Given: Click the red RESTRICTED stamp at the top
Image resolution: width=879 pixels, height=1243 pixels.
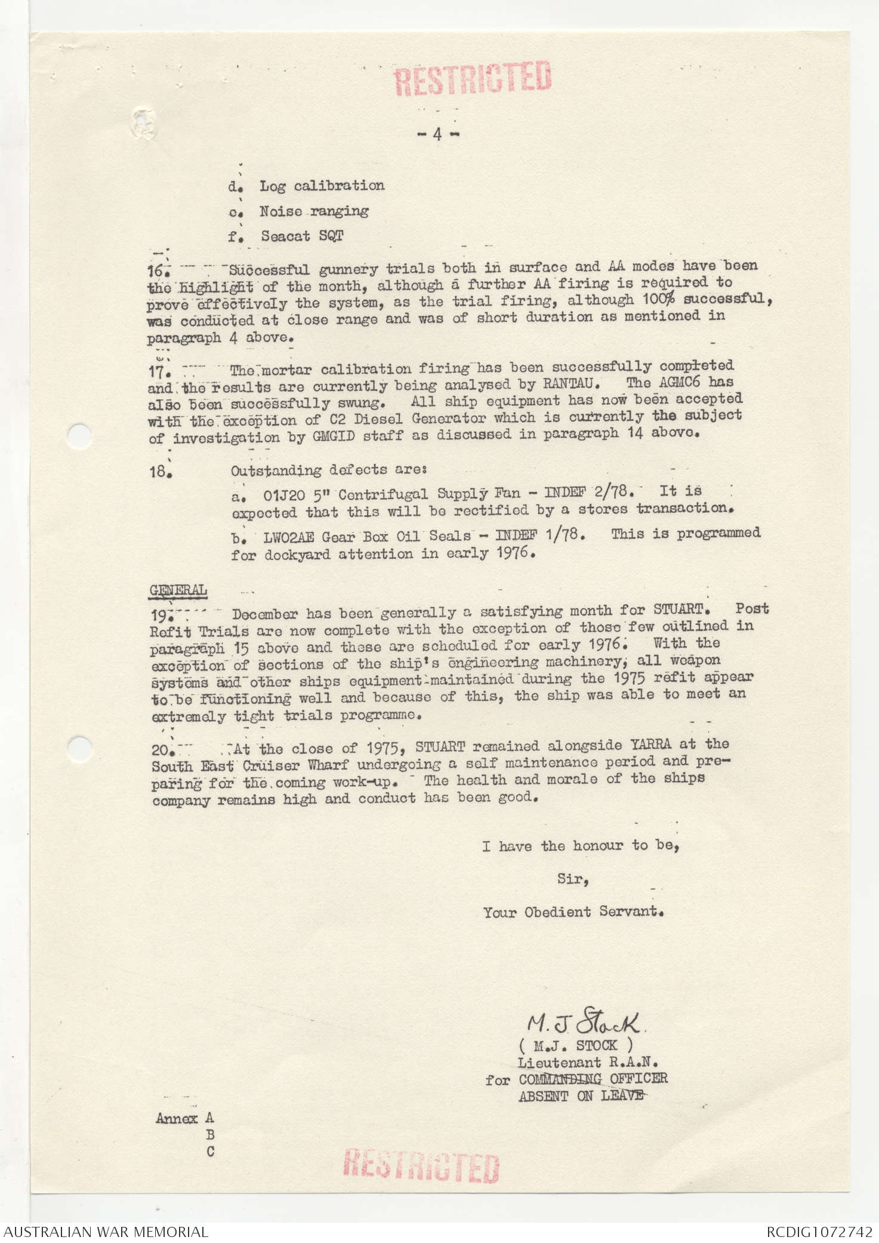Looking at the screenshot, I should coord(473,78).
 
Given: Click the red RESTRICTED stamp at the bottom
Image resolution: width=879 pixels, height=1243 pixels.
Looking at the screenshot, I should coord(421,1166).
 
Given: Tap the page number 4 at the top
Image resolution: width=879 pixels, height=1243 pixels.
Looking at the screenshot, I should coord(437,135).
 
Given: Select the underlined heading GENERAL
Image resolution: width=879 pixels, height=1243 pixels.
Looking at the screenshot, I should coord(178,590).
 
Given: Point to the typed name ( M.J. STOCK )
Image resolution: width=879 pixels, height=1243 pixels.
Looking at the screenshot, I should coord(576,1045).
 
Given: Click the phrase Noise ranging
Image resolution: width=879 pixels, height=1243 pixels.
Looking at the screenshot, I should coord(313,211).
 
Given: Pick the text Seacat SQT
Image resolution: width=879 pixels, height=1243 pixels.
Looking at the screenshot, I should coord(301,236).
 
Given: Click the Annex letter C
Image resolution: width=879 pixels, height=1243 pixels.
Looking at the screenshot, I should coord(210,1152).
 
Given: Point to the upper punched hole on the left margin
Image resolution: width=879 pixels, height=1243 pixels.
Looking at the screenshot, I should coord(79,435).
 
